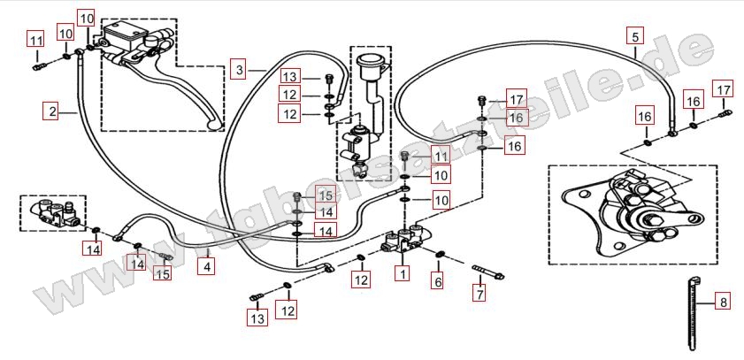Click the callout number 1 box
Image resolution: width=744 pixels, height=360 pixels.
(x=403, y=274)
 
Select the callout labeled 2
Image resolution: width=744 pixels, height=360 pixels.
(x=52, y=111)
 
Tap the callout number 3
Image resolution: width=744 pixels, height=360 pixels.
(x=238, y=67)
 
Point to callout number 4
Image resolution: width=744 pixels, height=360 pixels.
(x=206, y=264)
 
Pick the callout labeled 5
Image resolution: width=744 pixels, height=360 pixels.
(x=634, y=36)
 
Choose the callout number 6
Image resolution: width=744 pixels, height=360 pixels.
(x=436, y=281)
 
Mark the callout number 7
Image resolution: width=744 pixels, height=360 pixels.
(x=479, y=293)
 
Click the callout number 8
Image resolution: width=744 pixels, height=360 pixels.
(x=723, y=303)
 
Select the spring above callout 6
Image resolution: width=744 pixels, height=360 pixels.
(x=439, y=257)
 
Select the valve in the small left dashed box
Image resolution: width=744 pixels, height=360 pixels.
(x=53, y=212)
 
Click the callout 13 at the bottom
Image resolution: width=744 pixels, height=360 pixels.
(x=257, y=318)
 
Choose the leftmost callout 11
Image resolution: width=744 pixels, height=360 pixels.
(x=35, y=40)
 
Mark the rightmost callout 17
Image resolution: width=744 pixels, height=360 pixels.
(x=723, y=89)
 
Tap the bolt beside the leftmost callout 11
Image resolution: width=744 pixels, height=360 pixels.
(x=37, y=64)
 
